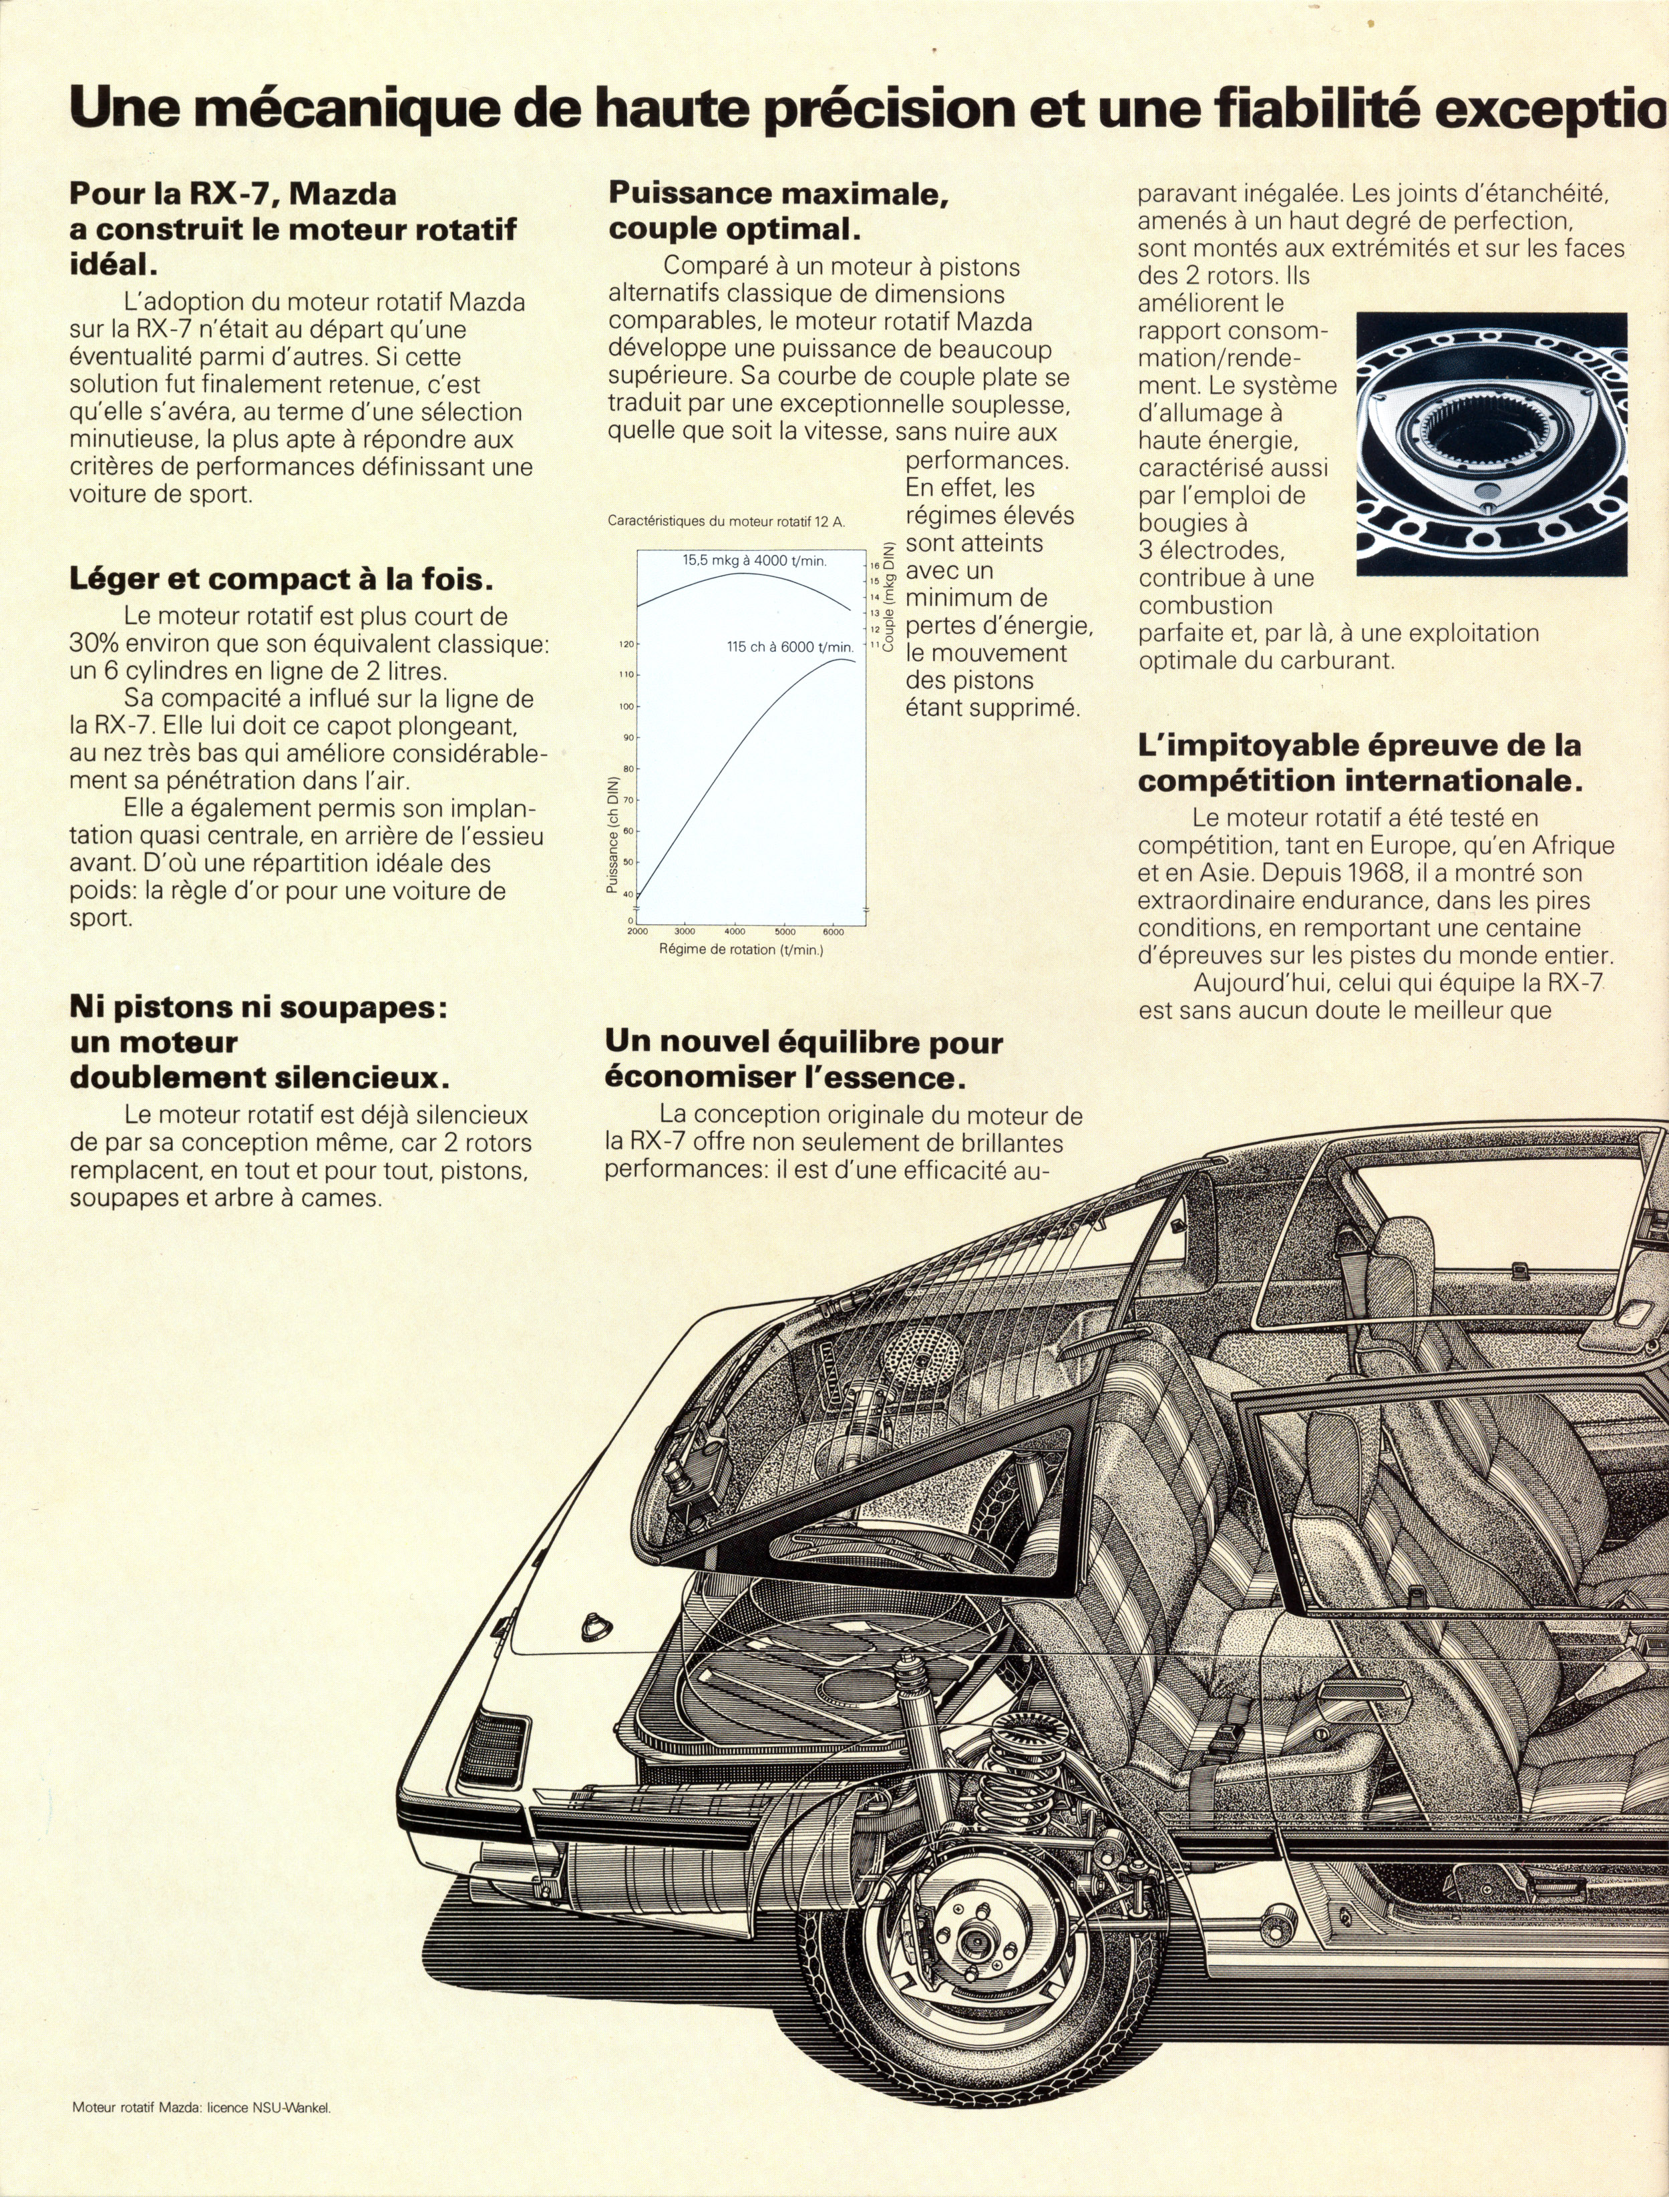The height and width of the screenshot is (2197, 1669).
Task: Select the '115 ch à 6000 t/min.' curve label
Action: click(x=790, y=646)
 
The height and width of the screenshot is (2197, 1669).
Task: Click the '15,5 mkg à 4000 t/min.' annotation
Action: click(x=754, y=560)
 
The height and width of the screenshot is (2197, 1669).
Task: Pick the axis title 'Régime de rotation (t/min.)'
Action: click(x=741, y=950)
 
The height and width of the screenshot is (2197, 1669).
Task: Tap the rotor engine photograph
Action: click(x=1491, y=444)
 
